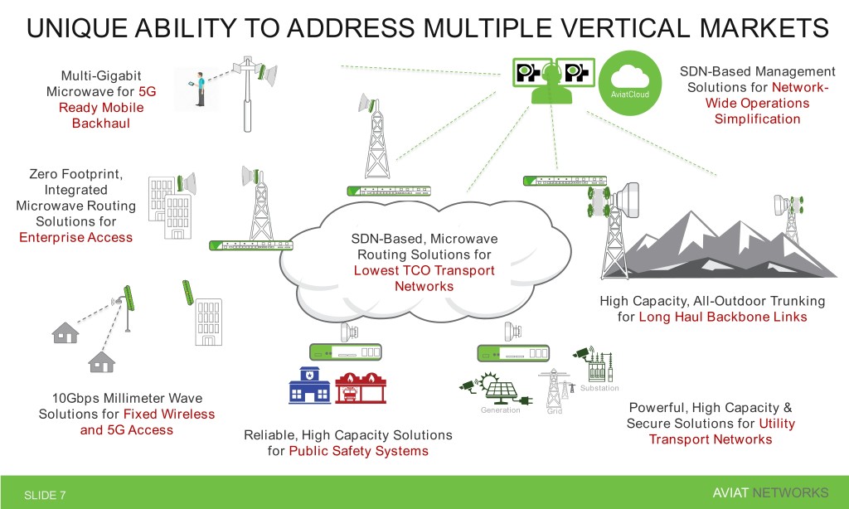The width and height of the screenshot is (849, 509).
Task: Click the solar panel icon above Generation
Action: tap(502, 390)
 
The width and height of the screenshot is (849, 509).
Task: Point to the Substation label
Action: tap(599, 389)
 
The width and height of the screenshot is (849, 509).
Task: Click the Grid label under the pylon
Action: tap(554, 410)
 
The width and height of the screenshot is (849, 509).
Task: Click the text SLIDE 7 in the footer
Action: tap(45, 495)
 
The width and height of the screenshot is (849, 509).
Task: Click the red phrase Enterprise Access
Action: tap(75, 238)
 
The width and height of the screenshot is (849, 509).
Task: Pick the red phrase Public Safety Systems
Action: tap(358, 451)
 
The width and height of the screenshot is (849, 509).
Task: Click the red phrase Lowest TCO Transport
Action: tap(424, 270)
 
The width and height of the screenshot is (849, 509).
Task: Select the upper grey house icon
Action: tap(65, 331)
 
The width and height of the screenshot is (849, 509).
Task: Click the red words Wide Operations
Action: tap(757, 104)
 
